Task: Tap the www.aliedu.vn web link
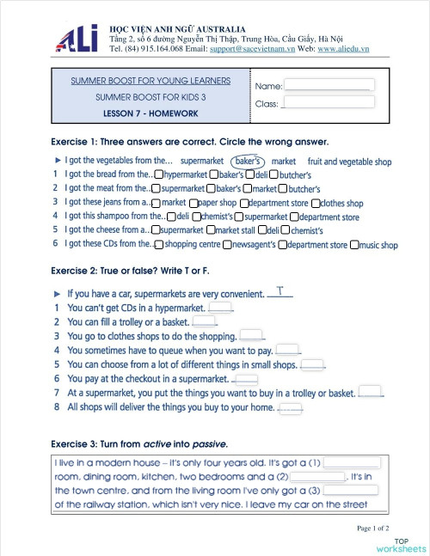[343, 49]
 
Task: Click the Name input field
[328, 85]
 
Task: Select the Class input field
[328, 102]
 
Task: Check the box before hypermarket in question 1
[158, 174]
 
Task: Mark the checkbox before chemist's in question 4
[196, 217]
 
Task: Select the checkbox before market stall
[210, 230]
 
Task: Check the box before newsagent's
[226, 245]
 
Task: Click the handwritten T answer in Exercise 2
[280, 292]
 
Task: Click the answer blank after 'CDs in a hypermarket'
[220, 308]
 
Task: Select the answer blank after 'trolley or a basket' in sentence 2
[204, 322]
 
